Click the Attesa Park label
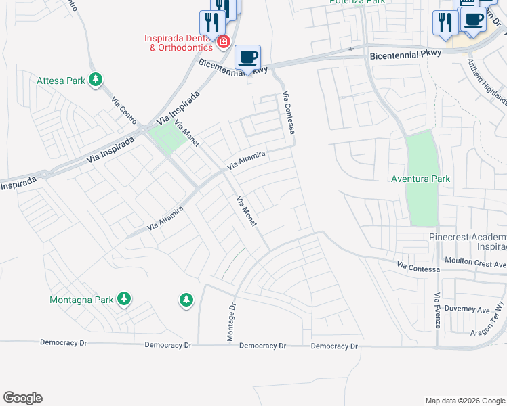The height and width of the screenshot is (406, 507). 62,81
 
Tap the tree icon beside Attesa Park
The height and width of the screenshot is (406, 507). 96,81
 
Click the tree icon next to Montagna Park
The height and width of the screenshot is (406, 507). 123,298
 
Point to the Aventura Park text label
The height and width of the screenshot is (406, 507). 421,179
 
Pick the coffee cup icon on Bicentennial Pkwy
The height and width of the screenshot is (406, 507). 247,58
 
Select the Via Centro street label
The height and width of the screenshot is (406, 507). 123,109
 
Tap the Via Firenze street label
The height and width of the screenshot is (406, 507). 438,311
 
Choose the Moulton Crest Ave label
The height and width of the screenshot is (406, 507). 475,261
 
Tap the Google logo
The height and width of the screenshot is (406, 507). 22,398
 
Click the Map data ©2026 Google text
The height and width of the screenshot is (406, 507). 465,401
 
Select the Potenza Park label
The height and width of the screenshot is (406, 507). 357,2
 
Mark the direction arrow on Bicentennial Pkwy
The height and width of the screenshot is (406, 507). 350,49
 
